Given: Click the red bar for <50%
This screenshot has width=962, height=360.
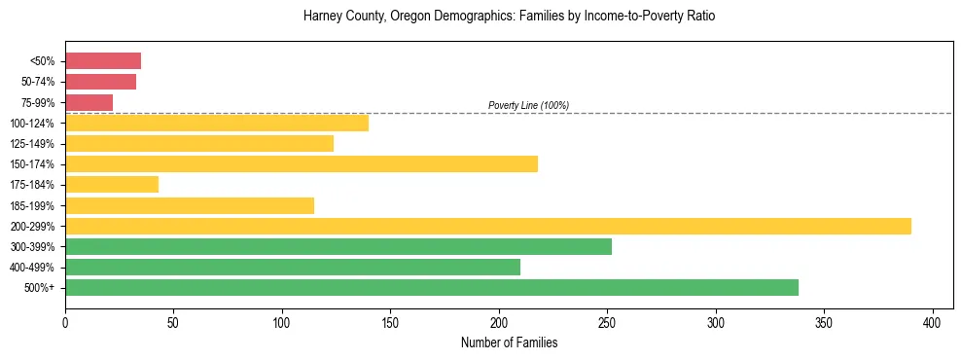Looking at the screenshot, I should point(103,61).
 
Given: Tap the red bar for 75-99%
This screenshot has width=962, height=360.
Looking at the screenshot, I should point(89,102).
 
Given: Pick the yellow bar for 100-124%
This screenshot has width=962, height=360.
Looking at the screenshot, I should point(217,123).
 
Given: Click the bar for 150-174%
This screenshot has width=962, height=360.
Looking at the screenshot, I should point(302,163).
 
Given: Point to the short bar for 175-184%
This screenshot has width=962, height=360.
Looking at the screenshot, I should point(112,184).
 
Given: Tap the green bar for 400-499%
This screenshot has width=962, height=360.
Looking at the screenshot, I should point(293,267).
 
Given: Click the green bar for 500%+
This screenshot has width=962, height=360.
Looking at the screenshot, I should point(432,287).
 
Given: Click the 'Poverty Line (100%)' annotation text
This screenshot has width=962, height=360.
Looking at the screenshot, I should point(528,105).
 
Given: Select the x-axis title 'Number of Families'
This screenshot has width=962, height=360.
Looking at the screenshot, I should point(509,342).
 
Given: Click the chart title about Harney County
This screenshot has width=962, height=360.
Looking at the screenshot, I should point(509,17).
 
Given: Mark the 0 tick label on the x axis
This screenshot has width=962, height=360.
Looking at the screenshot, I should point(65,322).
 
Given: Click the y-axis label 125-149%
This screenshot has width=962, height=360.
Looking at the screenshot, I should point(32,144).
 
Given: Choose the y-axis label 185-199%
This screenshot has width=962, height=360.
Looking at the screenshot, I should point(32,205).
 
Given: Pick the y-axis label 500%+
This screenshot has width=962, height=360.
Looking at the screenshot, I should point(39,288).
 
